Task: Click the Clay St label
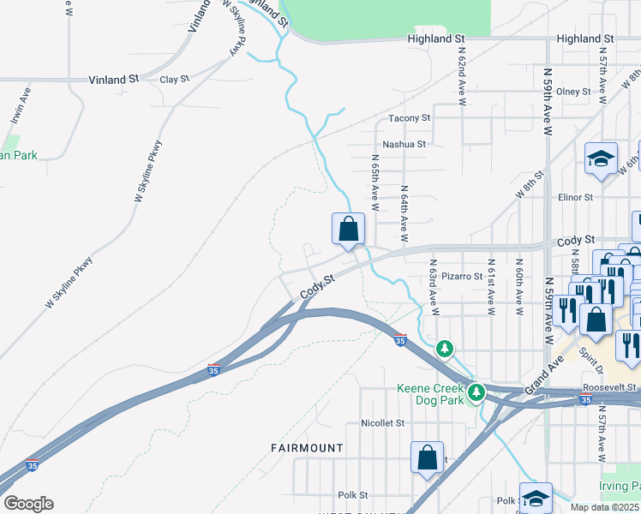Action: click(x=174, y=80)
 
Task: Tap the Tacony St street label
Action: click(x=409, y=118)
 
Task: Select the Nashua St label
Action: click(x=404, y=145)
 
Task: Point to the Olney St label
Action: click(x=573, y=92)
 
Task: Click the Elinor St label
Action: click(x=575, y=197)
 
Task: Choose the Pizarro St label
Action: click(x=464, y=277)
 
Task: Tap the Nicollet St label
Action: click(x=382, y=423)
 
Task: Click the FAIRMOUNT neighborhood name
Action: click(x=307, y=448)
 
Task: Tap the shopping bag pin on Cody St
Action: click(x=348, y=230)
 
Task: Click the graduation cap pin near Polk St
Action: click(x=536, y=499)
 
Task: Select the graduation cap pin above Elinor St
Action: click(x=602, y=159)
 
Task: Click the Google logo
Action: click(x=28, y=504)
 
